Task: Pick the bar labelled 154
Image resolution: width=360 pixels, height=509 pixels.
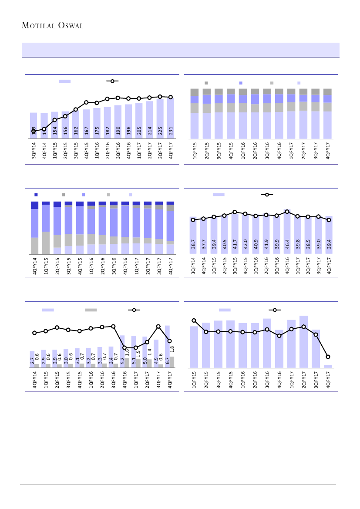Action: pyautogui.click(x=54, y=125)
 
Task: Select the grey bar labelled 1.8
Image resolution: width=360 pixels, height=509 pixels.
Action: pyautogui.click(x=172, y=362)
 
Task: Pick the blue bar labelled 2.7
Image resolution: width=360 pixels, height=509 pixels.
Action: pyautogui.click(x=32, y=359)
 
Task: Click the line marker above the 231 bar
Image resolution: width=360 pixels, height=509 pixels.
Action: pyautogui.click(x=170, y=97)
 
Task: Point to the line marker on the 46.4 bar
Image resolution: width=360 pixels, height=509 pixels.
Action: pyautogui.click(x=287, y=212)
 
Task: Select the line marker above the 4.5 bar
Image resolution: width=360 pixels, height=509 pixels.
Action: pyautogui.click(x=158, y=326)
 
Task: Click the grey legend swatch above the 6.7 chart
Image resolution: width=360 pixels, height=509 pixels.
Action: pyautogui.click(x=91, y=310)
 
